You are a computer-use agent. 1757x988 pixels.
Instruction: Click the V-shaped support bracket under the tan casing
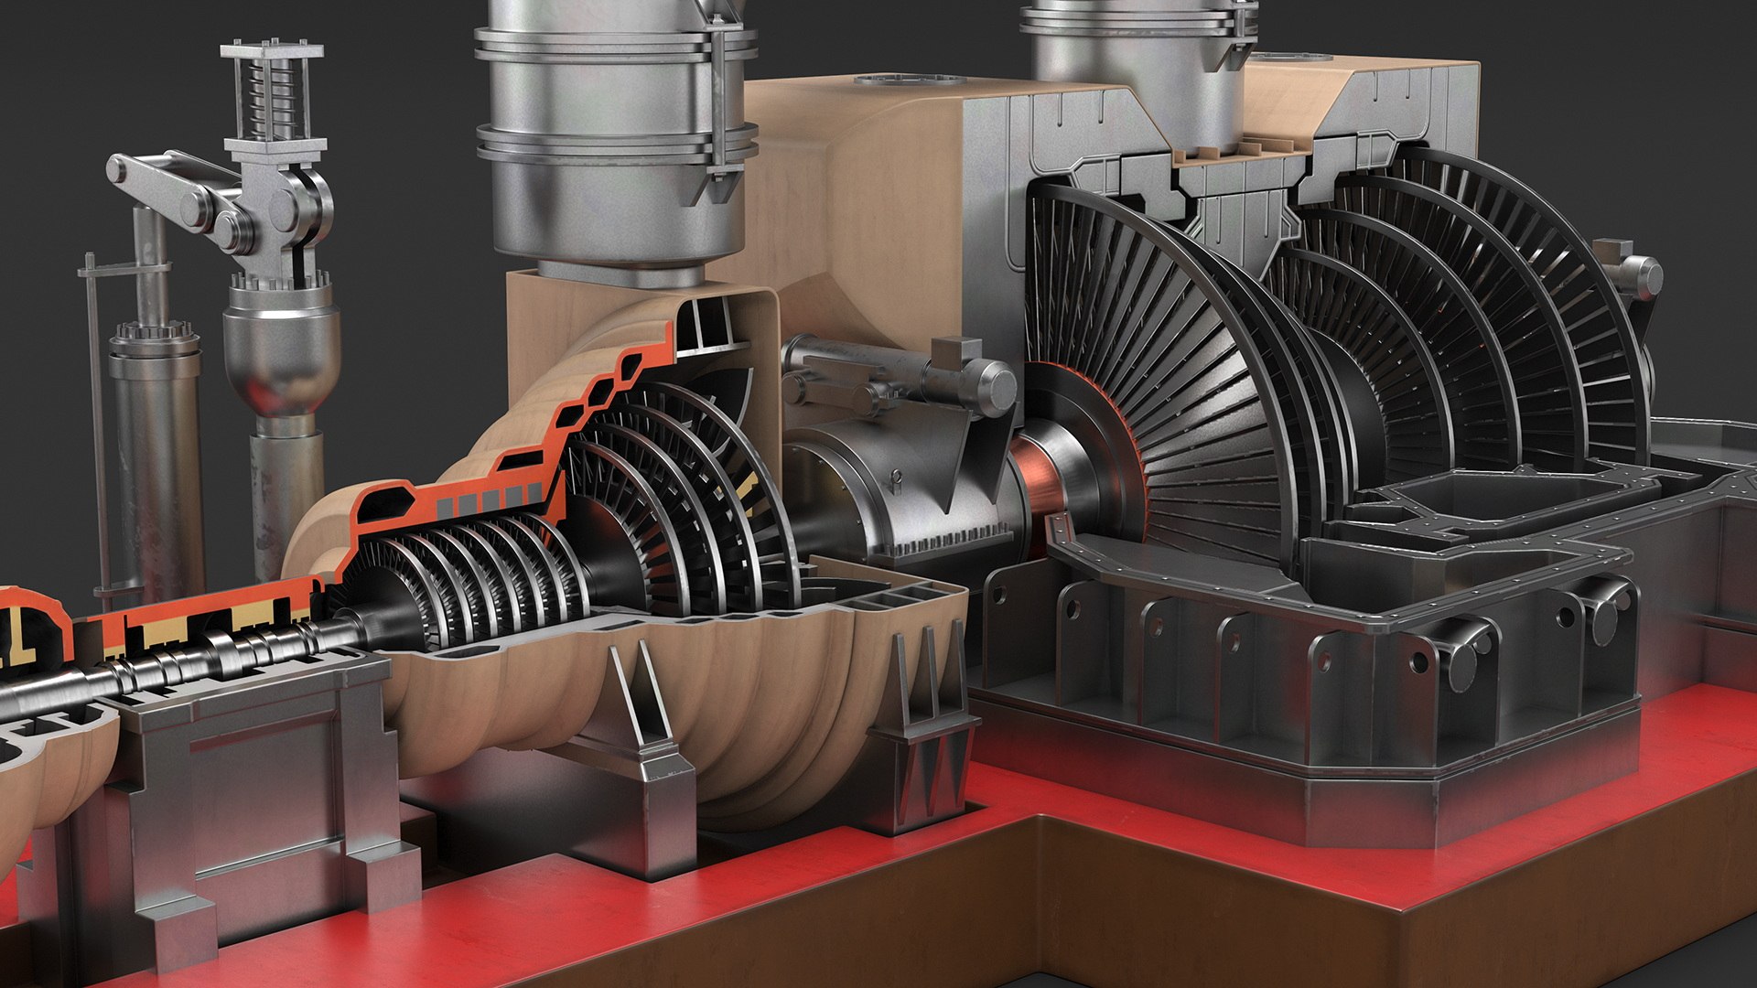coord(641,704)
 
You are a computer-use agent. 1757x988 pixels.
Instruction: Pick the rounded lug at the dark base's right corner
coord(1601,613)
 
